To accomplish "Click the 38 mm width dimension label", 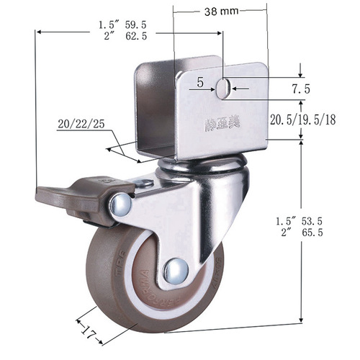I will (221, 12).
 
